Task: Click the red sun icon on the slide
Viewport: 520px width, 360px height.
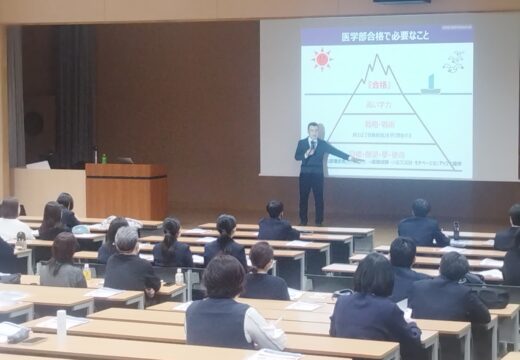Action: click(322, 59)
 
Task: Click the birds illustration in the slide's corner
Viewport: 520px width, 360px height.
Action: click(454, 62)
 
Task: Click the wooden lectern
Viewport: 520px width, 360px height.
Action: click(126, 190)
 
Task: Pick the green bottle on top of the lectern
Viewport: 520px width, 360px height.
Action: click(103, 157)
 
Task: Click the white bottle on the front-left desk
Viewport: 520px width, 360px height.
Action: click(61, 322)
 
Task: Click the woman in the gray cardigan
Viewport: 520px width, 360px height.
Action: click(62, 263)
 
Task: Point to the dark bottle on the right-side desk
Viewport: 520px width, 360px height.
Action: click(456, 229)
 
